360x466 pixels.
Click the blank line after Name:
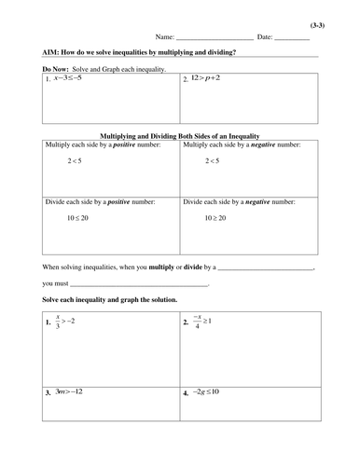pyautogui.click(x=215, y=38)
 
